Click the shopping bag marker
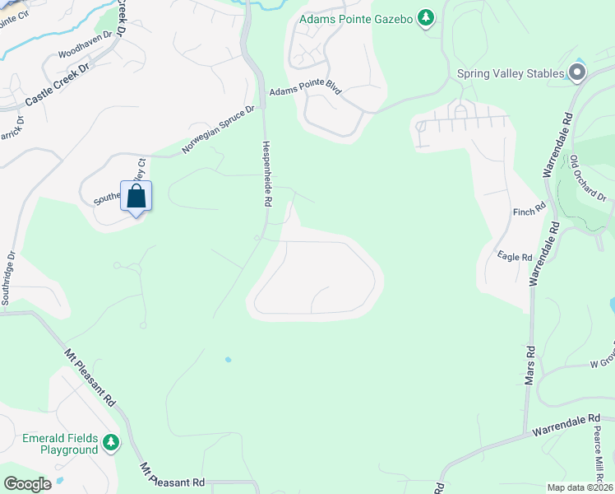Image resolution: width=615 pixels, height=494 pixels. [x=136, y=198]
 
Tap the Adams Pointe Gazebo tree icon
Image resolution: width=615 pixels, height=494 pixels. [x=425, y=17]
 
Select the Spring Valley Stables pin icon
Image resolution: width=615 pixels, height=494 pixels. [x=576, y=73]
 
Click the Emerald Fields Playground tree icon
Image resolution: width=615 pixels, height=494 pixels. [x=111, y=444]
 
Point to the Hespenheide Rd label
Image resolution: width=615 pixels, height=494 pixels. [x=266, y=173]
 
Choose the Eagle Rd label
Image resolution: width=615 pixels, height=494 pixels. [x=516, y=257]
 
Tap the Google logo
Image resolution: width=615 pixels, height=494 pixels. [x=27, y=484]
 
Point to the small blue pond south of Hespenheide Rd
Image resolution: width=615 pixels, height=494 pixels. [x=228, y=359]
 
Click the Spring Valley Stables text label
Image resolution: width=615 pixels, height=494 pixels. [x=511, y=73]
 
